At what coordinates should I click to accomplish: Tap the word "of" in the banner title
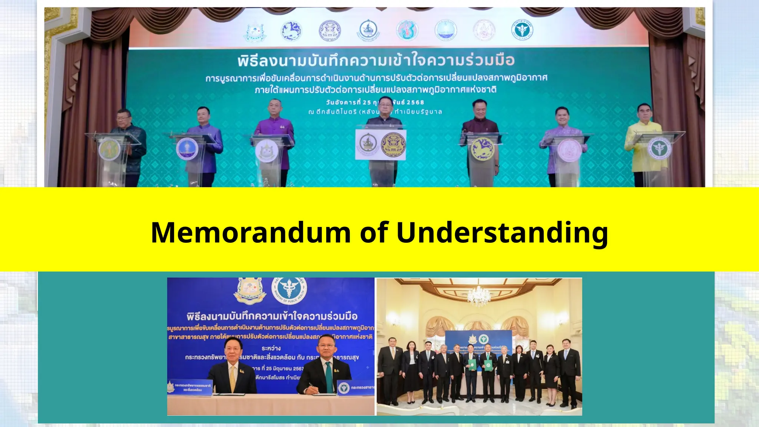coord(374,232)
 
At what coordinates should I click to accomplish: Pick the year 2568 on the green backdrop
coord(415,102)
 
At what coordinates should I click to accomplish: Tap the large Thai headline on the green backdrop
coord(376,60)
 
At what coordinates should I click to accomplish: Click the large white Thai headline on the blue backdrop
coord(272,316)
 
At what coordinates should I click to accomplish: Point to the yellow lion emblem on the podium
coord(481,148)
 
